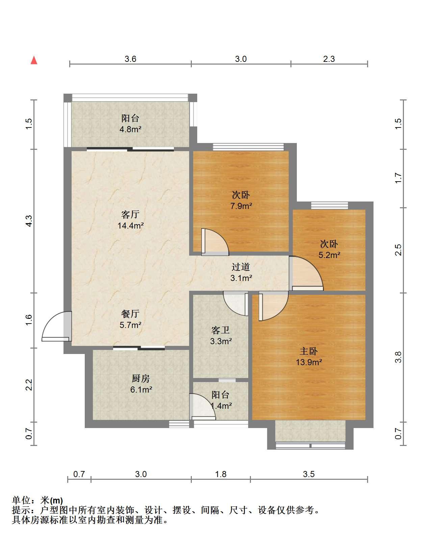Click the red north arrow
(x=34, y=61)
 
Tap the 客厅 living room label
(x=130, y=214)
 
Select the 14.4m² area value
(x=131, y=225)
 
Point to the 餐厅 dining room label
(x=130, y=314)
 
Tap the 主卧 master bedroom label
(x=309, y=351)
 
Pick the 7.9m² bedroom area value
(x=241, y=206)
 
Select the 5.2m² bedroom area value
(x=329, y=255)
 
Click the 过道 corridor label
(x=241, y=267)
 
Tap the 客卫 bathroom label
(x=221, y=330)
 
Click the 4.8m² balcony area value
(x=130, y=129)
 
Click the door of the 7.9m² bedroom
(x=215, y=242)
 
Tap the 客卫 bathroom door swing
(x=236, y=303)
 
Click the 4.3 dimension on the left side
(x=29, y=221)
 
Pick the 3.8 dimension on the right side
(x=398, y=357)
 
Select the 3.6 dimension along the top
(x=130, y=59)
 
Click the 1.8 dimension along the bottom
(x=221, y=474)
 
